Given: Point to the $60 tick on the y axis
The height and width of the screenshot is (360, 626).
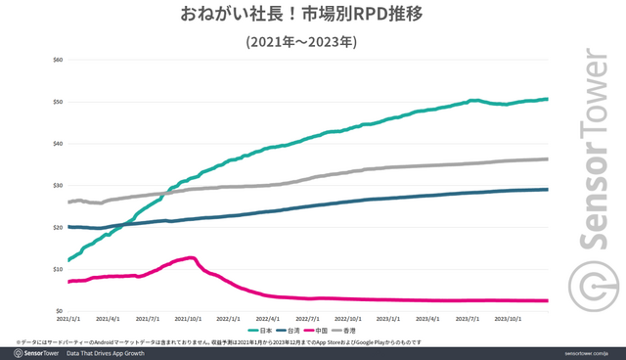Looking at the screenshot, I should click(x=58, y=60).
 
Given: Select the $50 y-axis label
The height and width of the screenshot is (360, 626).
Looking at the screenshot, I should click(x=58, y=102).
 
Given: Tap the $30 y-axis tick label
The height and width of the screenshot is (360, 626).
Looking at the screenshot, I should click(x=58, y=185).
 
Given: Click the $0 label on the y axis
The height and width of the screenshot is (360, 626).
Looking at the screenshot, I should click(x=60, y=310).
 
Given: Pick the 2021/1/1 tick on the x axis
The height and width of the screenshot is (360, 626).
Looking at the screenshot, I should click(x=68, y=318).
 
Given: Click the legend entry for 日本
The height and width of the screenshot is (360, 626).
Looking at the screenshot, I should click(x=254, y=331).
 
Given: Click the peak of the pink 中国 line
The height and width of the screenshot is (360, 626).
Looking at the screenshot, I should click(x=192, y=257).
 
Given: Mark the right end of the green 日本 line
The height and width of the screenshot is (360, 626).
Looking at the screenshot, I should click(x=548, y=99).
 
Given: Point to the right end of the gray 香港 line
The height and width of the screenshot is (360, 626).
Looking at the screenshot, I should click(x=548, y=158).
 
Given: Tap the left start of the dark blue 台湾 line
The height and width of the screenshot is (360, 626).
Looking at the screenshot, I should click(x=68, y=227).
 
